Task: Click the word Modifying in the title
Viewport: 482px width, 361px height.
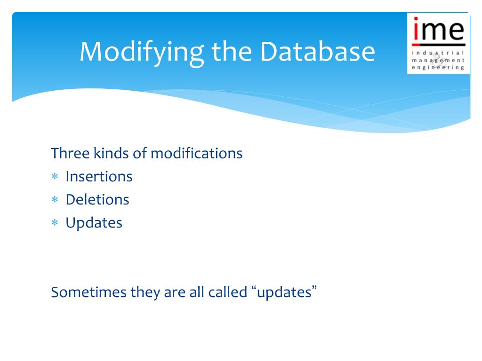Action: pos(142,53)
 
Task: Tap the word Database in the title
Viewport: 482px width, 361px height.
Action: pos(318,51)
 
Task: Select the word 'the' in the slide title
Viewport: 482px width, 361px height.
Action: pos(232,51)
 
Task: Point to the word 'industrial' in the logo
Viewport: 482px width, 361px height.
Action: pos(438,53)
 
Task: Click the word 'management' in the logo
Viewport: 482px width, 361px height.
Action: pos(438,61)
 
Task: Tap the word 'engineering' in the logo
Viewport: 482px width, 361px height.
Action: pos(438,68)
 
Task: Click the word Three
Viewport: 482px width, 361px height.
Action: pos(70,153)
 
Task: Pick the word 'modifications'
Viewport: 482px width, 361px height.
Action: pos(197,153)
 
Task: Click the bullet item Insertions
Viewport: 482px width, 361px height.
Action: pos(99,177)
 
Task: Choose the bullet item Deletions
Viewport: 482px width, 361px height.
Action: pos(97,199)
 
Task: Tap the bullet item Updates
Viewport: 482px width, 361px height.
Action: pos(94,223)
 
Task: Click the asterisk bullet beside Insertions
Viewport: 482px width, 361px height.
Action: pos(55,177)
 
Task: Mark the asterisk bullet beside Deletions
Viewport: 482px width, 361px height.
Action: pos(55,199)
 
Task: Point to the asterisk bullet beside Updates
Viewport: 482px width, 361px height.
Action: pos(55,222)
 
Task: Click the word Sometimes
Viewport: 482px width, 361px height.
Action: pos(89,292)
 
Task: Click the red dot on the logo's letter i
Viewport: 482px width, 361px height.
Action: pos(416,19)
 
